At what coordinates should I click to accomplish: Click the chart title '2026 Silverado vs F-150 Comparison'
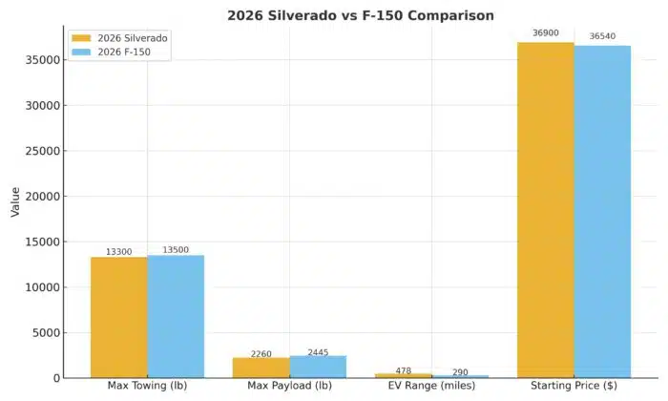[333, 15]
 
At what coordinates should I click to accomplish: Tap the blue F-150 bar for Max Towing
[176, 316]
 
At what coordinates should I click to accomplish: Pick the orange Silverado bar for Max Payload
[261, 368]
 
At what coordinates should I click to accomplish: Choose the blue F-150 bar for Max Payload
[318, 367]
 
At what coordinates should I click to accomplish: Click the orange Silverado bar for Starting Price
[546, 210]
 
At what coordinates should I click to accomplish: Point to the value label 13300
[119, 252]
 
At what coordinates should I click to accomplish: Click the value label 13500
[176, 250]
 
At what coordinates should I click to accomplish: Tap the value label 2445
[318, 351]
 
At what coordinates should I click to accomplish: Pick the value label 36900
[546, 33]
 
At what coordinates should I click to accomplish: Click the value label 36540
[602, 36]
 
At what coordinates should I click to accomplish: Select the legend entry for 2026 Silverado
[120, 39]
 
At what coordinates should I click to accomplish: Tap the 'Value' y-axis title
[14, 201]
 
